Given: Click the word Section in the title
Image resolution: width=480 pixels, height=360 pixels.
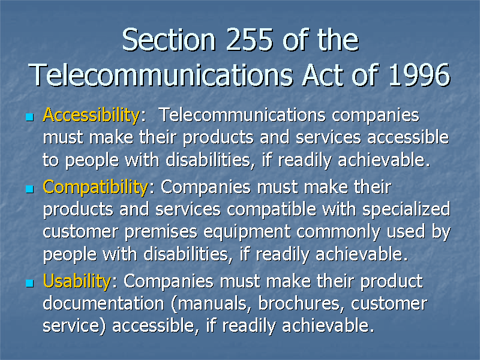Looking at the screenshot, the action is [169, 40].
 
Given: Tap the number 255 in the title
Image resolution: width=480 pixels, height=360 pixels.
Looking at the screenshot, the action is [250, 40].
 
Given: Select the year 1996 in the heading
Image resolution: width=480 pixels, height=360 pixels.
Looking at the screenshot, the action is [419, 74].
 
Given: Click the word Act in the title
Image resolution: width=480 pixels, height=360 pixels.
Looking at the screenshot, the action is [324, 74].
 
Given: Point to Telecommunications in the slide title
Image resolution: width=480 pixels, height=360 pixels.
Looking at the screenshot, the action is [161, 74].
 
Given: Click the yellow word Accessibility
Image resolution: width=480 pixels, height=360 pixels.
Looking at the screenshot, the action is [91, 115].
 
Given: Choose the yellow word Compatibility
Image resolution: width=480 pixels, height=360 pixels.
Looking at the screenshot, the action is [95, 187].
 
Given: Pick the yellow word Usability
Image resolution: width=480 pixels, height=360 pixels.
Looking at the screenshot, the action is [77, 281].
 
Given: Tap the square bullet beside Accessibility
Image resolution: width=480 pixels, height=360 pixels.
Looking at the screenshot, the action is [29, 117].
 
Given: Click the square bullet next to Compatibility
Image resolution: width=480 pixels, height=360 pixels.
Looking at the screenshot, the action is [29, 188].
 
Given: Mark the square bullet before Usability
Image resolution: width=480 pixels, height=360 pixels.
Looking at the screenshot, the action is [29, 283].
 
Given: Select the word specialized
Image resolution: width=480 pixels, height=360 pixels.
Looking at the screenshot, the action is [406, 209].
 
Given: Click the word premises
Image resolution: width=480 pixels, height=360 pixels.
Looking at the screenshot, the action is [161, 232].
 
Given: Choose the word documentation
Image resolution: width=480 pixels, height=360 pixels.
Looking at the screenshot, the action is [104, 304].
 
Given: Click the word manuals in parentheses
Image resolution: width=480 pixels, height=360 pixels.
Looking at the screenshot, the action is [212, 304].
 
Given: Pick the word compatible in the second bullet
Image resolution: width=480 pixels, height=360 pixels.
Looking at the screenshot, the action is [271, 209].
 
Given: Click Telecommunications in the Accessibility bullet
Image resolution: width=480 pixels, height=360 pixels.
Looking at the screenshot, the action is [243, 115].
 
